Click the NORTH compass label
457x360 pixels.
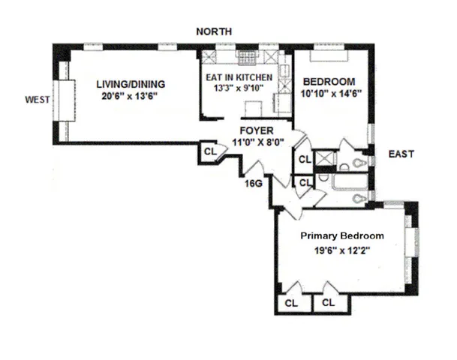[x=213, y=31]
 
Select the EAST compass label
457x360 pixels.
[x=401, y=154]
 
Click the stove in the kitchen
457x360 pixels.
[x=246, y=58]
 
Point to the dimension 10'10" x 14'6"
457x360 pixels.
[x=327, y=94]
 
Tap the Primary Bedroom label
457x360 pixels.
[x=341, y=235]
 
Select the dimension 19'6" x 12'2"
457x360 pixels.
[x=341, y=251]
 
